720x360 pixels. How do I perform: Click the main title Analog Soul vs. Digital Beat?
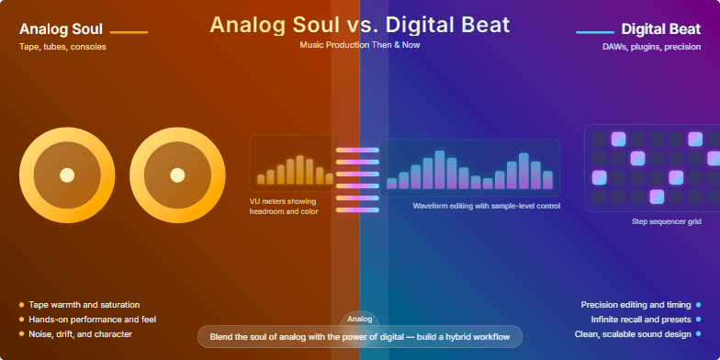(359, 24)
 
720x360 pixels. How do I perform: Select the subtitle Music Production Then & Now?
(359, 44)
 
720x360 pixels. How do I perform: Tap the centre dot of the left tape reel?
(66, 174)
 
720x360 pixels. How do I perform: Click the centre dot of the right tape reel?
(177, 174)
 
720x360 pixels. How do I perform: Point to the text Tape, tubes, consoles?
(62, 47)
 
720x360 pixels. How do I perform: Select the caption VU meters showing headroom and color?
(283, 206)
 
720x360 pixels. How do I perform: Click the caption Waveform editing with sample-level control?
(486, 206)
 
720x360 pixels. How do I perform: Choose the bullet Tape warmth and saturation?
(84, 304)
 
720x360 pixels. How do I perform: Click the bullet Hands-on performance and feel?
(92, 319)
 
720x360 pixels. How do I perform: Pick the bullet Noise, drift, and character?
(80, 333)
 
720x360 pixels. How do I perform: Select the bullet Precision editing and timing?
(636, 304)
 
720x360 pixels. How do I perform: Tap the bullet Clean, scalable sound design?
(634, 333)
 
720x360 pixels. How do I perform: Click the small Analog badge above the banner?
(359, 320)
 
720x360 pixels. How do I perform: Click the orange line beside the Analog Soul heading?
(129, 32)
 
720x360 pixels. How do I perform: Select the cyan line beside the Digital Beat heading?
(594, 32)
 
